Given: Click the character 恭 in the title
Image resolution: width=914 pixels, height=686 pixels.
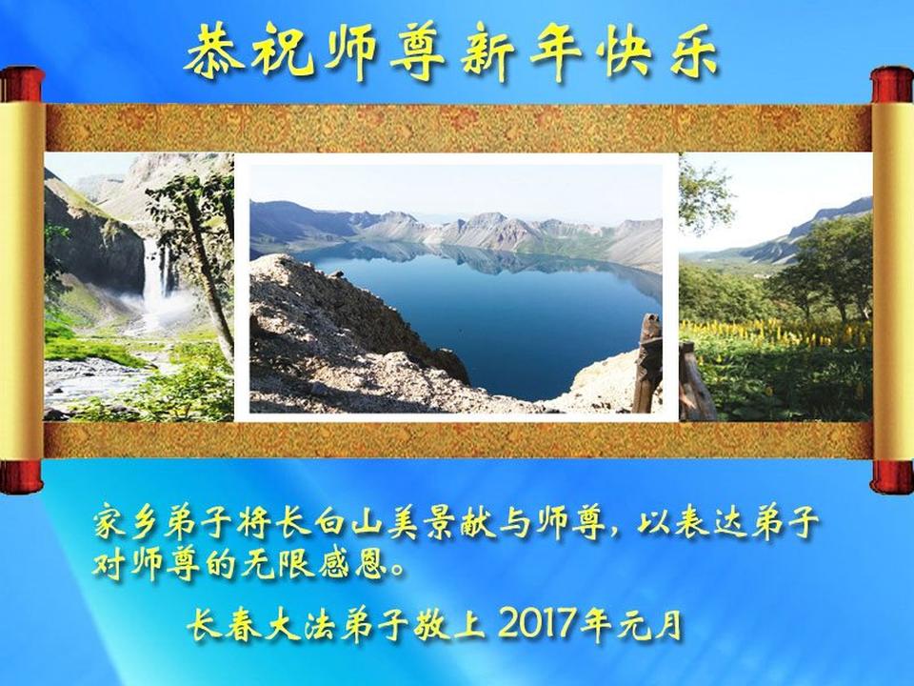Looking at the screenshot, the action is (214, 51).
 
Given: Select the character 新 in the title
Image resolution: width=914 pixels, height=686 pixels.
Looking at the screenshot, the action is (488, 52).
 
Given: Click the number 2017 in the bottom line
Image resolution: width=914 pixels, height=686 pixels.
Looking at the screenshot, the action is (536, 622).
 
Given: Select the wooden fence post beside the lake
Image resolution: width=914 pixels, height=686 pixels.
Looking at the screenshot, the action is (647, 363).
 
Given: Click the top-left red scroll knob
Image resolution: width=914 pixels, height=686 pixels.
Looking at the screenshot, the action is (22, 85).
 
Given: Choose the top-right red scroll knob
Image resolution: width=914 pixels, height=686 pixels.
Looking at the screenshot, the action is (892, 85).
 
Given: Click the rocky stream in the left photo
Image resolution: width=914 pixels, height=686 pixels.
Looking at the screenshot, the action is (99, 379).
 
